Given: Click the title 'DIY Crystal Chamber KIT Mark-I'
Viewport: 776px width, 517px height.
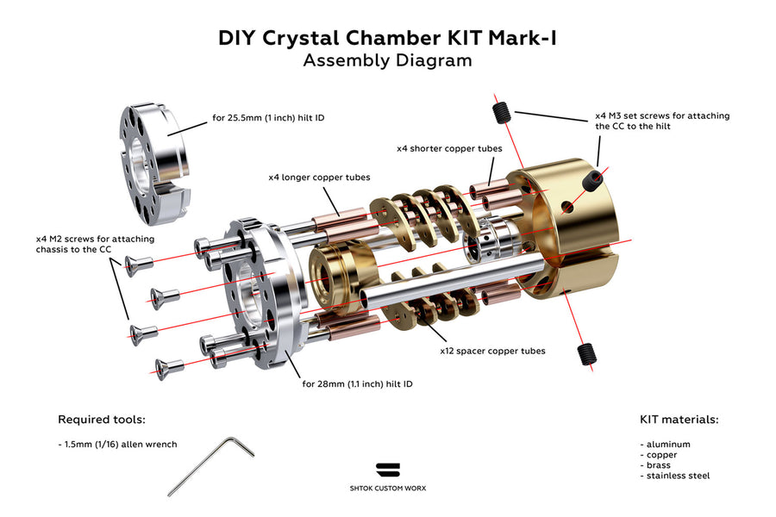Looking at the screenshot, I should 387,38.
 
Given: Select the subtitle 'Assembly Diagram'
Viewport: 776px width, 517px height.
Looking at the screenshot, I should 387,60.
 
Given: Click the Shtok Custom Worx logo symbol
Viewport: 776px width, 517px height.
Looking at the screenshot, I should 388,470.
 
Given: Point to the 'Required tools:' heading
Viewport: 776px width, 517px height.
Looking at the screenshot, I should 101,420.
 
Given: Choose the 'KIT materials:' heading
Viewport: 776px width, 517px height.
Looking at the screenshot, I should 679,420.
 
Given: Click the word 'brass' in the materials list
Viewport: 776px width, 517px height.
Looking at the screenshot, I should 658,465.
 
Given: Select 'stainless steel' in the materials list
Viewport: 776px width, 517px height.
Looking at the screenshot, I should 676,476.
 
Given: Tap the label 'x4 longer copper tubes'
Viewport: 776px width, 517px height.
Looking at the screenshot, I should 319,178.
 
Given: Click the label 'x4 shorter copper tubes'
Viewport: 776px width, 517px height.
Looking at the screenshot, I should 449,148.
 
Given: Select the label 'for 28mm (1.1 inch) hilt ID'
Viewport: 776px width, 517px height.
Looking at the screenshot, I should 357,383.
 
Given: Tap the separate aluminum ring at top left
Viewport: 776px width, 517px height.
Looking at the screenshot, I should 153,159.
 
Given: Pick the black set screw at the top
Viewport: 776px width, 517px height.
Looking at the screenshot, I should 501,110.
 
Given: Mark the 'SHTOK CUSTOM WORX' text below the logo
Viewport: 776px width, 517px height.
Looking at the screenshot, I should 388,488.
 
